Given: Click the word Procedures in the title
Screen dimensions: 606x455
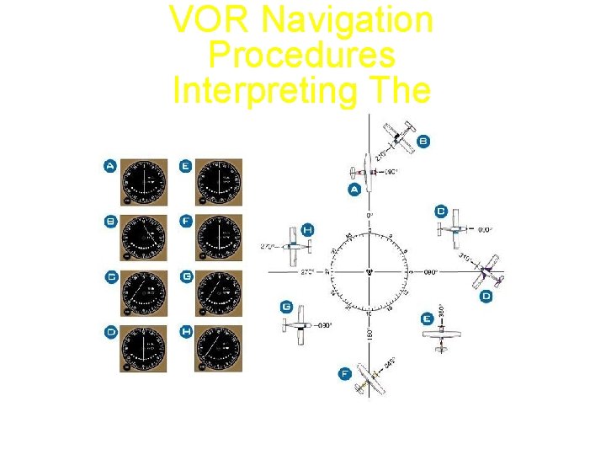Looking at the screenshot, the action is (301, 55).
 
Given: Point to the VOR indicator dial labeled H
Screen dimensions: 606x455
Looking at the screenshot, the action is (219, 347).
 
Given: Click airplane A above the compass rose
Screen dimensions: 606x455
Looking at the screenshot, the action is (369, 169).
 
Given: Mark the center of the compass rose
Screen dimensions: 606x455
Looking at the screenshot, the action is (369, 272).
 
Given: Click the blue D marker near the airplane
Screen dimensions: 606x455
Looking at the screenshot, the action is (486, 296).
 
